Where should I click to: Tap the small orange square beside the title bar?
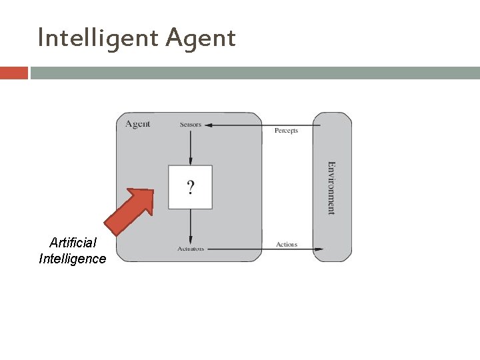(13, 73)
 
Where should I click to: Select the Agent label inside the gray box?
(138, 123)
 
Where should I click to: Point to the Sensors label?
(190, 125)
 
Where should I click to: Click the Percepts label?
(286, 131)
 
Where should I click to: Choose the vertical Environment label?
(331, 187)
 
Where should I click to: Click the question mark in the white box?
(191, 187)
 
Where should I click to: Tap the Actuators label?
(191, 249)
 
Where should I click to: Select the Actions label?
(287, 245)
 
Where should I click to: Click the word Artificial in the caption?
(73, 243)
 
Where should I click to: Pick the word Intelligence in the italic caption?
(73, 259)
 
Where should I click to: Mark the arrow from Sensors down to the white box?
(191, 147)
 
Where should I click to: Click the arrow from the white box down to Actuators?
(191, 227)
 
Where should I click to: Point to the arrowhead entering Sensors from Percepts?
(206, 125)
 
